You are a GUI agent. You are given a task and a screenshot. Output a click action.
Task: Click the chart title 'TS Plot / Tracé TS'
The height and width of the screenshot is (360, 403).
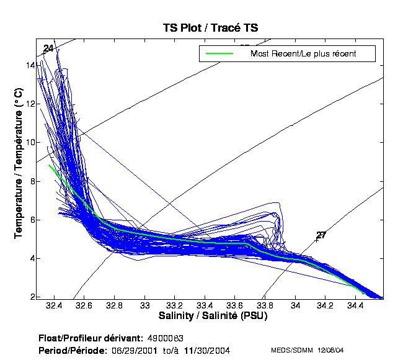[x=210, y=27]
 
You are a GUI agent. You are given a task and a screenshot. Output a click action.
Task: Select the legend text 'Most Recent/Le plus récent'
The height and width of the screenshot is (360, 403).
[x=303, y=53]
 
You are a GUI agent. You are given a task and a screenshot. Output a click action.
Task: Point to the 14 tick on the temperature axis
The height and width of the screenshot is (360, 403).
[x=29, y=65]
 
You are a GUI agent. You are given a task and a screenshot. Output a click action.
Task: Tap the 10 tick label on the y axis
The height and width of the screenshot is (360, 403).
[x=29, y=142]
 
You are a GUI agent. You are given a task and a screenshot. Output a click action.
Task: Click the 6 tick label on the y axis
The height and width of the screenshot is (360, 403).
[x=31, y=220]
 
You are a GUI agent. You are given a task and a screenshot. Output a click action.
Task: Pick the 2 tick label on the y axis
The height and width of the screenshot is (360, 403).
[x=31, y=297]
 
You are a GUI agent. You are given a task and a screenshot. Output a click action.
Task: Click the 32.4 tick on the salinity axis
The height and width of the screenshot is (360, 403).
[x=55, y=305]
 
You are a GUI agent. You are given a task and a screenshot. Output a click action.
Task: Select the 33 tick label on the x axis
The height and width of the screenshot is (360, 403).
[x=146, y=305]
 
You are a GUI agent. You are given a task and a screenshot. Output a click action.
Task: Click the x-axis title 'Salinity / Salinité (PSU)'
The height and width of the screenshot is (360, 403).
[x=210, y=317]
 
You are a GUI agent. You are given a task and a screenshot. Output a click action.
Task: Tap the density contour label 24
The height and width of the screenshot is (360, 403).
[x=48, y=48]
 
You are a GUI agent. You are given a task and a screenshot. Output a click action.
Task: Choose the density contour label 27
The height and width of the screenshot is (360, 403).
[x=321, y=235]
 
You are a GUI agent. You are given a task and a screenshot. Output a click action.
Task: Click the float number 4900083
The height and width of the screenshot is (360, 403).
[x=166, y=339]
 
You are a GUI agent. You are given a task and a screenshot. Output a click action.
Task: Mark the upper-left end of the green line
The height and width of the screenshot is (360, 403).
[x=49, y=165]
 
